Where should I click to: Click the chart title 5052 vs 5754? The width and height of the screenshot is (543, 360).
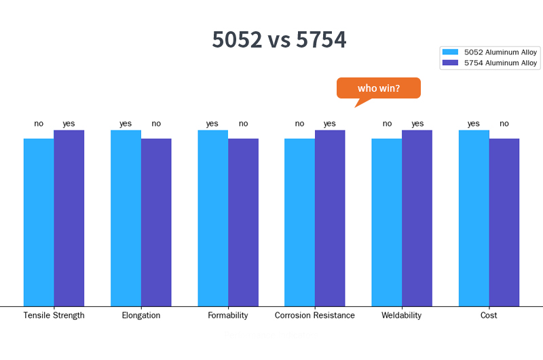coord(279,40)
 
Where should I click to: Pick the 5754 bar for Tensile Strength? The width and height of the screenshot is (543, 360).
coord(69,218)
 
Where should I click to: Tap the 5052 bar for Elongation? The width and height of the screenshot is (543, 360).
coord(126,218)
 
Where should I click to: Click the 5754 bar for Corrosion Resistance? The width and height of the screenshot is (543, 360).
coord(330,218)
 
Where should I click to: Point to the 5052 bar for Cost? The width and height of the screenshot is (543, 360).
coord(474,218)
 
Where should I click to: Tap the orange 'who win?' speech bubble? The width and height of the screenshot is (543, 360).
coord(379,88)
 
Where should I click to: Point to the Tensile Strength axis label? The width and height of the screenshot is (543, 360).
coord(54,315)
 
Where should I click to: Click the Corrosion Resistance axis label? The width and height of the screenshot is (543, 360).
coord(315,315)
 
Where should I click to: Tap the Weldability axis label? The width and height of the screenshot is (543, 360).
coord(402,315)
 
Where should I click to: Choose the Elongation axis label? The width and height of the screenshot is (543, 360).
coord(141,315)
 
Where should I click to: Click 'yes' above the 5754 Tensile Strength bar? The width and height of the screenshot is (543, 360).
coord(69,124)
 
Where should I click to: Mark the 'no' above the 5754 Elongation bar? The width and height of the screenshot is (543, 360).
coord(156,124)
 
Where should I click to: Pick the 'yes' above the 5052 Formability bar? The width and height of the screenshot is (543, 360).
coord(212,124)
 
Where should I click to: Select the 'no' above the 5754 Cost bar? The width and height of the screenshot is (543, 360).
coord(504,124)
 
